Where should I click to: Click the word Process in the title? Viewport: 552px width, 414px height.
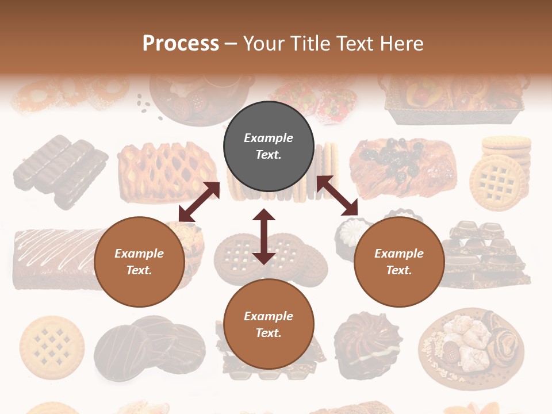pos(181,44)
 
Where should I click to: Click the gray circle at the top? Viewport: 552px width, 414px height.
pos(269,146)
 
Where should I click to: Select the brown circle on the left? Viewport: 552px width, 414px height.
pos(139,262)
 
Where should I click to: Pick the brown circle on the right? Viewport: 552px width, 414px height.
pos(399,262)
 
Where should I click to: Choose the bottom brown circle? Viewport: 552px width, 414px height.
pos(269,324)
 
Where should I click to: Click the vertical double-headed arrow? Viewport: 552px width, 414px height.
pos(264,236)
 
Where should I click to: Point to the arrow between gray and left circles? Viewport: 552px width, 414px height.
pos(199,202)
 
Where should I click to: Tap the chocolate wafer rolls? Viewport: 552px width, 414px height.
pos(60,171)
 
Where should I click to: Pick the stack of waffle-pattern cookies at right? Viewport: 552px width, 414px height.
pos(499,172)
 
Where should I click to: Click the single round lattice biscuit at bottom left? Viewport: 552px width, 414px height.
pos(52,344)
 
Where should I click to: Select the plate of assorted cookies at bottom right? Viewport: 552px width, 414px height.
pos(471,345)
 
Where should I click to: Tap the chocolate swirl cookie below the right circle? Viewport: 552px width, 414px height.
pos(361,345)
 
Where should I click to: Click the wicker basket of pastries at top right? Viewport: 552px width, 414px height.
pos(454,98)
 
